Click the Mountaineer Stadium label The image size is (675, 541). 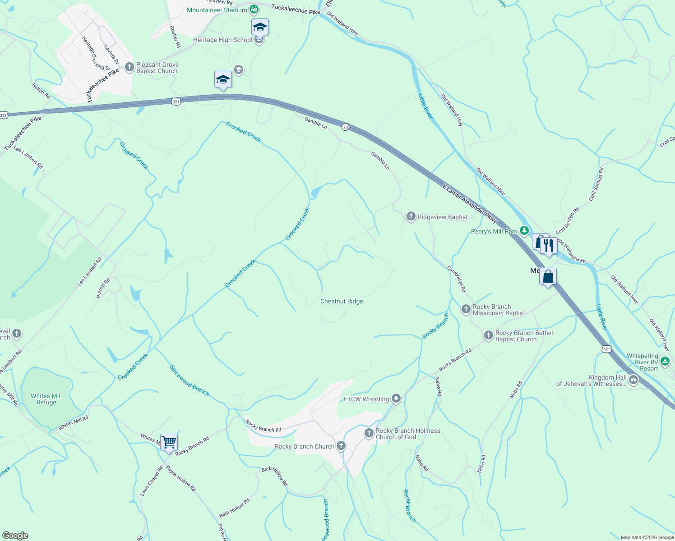tap(217, 10)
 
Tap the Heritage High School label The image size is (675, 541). tap(223, 40)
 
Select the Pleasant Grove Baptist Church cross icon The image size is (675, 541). tap(129, 68)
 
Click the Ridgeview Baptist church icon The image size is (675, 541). tap(411, 217)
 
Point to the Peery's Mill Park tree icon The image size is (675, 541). tap(524, 231)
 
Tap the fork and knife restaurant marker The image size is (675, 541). tap(548, 246)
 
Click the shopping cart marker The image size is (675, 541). tap(169, 442)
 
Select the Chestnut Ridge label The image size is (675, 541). tap(342, 301)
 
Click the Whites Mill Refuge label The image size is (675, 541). tap(46, 399)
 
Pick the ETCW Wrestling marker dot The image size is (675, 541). tap(396, 399)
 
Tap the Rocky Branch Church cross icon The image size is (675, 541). tap(341, 446)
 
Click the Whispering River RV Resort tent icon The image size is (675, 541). tap(665, 362)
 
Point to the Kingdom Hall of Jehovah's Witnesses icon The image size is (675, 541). tap(633, 381)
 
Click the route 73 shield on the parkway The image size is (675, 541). tap(345, 127)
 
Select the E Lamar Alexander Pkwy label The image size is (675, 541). tap(469, 204)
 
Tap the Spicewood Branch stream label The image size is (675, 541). tap(190, 381)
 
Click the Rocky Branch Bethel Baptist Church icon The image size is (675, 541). tap(488, 335)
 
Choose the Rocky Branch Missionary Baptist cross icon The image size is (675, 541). tap(466, 309)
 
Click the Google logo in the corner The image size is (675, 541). tap(15, 536)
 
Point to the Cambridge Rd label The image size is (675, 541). tap(457, 279)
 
